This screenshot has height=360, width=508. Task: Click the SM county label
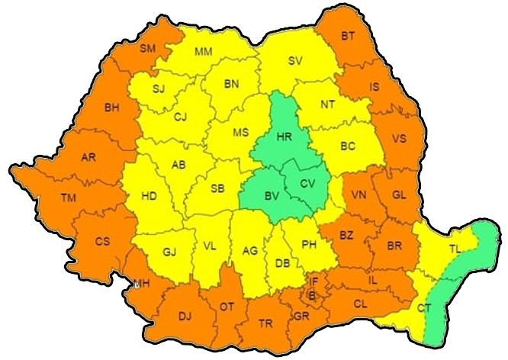[x=148, y=48]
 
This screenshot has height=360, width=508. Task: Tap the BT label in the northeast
[x=349, y=36]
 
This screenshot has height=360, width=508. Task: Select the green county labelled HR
[x=284, y=137]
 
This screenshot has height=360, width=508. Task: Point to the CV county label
[x=307, y=183]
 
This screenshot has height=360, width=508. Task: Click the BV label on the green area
[x=271, y=197]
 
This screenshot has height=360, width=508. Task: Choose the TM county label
[x=69, y=198]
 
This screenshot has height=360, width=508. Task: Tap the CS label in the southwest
[x=102, y=241]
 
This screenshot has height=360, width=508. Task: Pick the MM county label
[x=203, y=52]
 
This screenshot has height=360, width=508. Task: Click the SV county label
[x=295, y=61]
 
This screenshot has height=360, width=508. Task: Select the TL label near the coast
[x=455, y=249]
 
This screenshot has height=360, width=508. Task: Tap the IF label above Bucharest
[x=313, y=281]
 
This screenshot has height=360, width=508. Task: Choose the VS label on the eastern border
[x=398, y=139]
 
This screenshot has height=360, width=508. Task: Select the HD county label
[x=150, y=196]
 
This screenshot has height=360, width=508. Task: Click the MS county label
[x=241, y=132]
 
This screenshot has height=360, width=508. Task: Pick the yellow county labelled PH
[x=309, y=244]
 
